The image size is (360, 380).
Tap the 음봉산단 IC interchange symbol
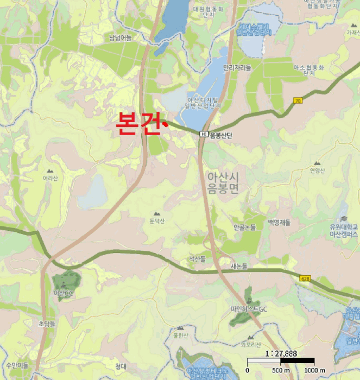tap(203, 134)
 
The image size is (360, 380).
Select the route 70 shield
tap(297, 101)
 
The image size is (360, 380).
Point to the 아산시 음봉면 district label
tap(223, 182)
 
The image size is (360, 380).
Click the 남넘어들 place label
tap(121, 37)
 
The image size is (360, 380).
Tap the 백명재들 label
tap(279, 223)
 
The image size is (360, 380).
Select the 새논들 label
tap(239, 266)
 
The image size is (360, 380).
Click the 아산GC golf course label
tap(64, 293)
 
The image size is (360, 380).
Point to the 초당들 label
tap(47, 323)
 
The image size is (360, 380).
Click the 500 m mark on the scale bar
tap(280, 370)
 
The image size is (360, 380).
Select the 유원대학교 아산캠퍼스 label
tap(344, 230)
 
